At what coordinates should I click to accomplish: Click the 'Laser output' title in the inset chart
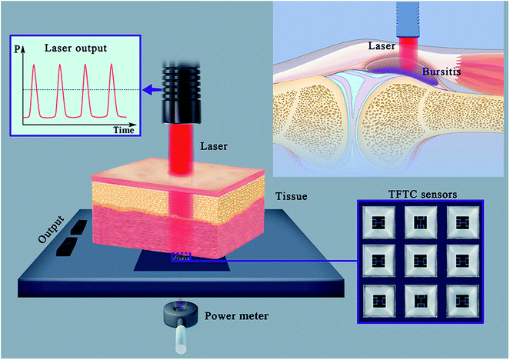[75, 47]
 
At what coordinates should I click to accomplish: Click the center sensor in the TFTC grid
[419, 258]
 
